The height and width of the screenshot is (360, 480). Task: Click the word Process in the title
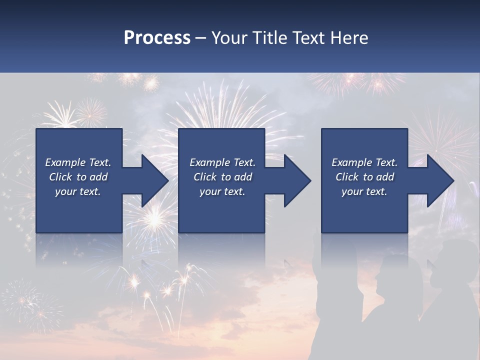pyautogui.click(x=157, y=37)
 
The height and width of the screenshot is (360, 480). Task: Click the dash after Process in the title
pyautogui.click(x=200, y=38)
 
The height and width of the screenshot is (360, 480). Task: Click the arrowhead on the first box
pyautogui.click(x=155, y=180)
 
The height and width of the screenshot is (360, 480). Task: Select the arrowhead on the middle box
pyautogui.click(x=297, y=180)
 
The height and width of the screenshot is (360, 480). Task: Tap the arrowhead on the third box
pyautogui.click(x=440, y=180)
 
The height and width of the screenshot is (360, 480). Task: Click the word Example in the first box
pyautogui.click(x=65, y=162)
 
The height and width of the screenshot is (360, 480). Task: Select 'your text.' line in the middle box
pyautogui.click(x=222, y=191)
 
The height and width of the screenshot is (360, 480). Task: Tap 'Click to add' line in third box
pyautogui.click(x=364, y=177)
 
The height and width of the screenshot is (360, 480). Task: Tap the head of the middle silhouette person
pyautogui.click(x=395, y=272)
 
